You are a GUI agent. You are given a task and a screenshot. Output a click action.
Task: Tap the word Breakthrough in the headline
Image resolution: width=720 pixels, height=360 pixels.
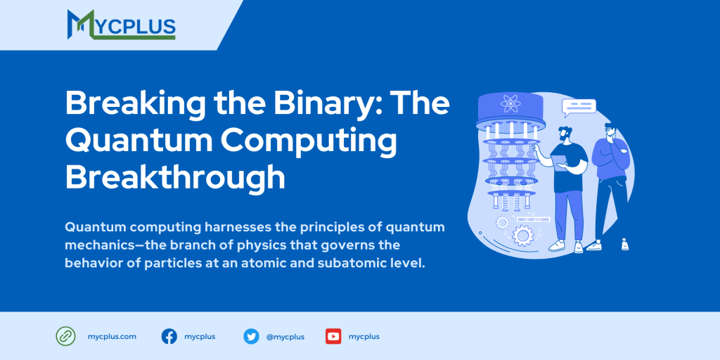click(175, 177)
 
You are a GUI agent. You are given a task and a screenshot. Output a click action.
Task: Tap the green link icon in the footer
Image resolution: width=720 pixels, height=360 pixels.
click(65, 336)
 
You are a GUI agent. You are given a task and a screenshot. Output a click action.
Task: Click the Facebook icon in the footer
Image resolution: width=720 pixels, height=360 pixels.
click(169, 336)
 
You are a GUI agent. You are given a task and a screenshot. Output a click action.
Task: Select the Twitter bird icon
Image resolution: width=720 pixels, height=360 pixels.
click(251, 336)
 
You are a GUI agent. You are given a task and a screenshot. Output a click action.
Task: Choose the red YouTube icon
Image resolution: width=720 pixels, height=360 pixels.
click(333, 336)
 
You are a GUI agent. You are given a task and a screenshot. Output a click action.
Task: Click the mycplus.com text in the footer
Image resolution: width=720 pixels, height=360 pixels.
click(112, 337)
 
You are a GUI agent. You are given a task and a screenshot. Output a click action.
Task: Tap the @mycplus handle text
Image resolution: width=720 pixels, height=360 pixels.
click(285, 337)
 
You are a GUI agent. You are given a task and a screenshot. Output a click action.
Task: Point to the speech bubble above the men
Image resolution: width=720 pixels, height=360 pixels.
click(579, 107)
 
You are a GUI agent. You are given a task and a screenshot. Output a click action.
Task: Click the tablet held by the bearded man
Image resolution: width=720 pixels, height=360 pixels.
click(560, 166)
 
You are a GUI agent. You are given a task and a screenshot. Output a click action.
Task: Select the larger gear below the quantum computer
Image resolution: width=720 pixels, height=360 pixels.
click(522, 235)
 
